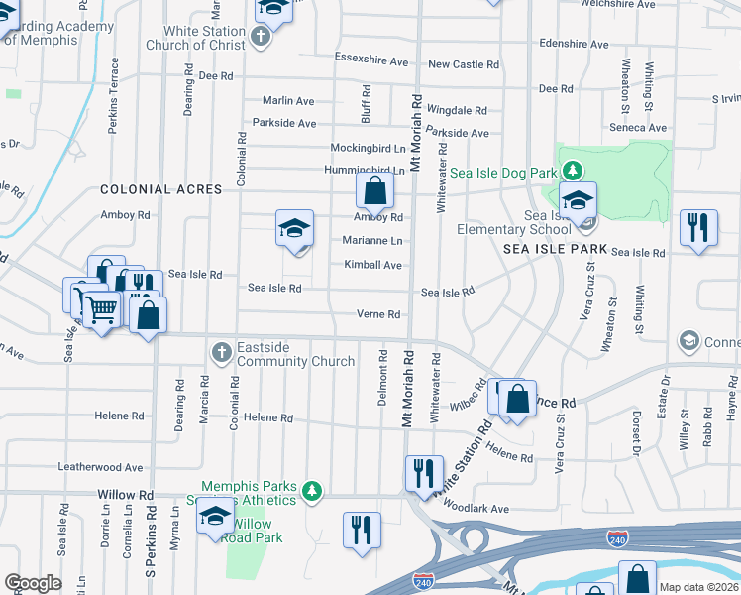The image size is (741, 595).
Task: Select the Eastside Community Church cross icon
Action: [x=221, y=352]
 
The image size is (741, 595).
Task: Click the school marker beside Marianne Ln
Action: [x=295, y=229]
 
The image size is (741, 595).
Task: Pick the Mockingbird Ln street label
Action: [x=367, y=147]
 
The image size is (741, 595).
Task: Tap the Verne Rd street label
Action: [x=379, y=314]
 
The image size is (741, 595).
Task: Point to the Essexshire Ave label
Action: [x=371, y=61]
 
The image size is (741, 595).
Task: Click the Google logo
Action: [x=33, y=583]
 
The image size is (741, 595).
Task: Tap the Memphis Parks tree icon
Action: [x=313, y=490]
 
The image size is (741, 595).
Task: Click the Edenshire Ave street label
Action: [x=575, y=44]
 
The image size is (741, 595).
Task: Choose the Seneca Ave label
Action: [x=637, y=128]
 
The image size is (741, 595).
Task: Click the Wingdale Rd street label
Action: [x=457, y=111]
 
